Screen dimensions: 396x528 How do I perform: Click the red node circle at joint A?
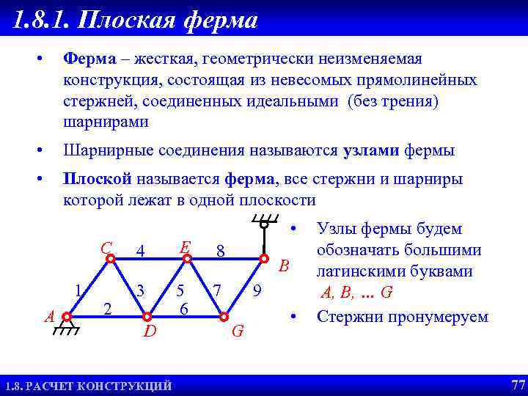pyautogui.click(x=67, y=317)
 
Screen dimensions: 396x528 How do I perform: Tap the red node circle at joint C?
pyautogui.click(x=109, y=259)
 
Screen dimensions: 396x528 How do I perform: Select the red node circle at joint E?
pyautogui.click(x=187, y=259)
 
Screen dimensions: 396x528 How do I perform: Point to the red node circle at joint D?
pyautogui.click(x=147, y=317)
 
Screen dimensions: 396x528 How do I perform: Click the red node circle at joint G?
pyautogui.click(x=224, y=317)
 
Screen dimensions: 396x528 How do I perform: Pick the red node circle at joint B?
pyautogui.click(x=264, y=259)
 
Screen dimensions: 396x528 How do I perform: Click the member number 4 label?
pyautogui.click(x=140, y=252)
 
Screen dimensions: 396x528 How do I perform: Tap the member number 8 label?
pyautogui.click(x=220, y=252)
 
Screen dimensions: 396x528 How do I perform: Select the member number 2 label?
pyautogui.click(x=107, y=309)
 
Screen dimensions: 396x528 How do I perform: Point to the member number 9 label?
pyautogui.click(x=257, y=291)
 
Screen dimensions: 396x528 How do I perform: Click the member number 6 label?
pyautogui.click(x=185, y=309)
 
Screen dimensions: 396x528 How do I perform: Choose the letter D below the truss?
pyautogui.click(x=150, y=332)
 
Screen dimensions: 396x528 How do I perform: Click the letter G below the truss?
pyautogui.click(x=238, y=332)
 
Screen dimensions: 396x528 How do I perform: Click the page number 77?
pyautogui.click(x=518, y=385)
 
